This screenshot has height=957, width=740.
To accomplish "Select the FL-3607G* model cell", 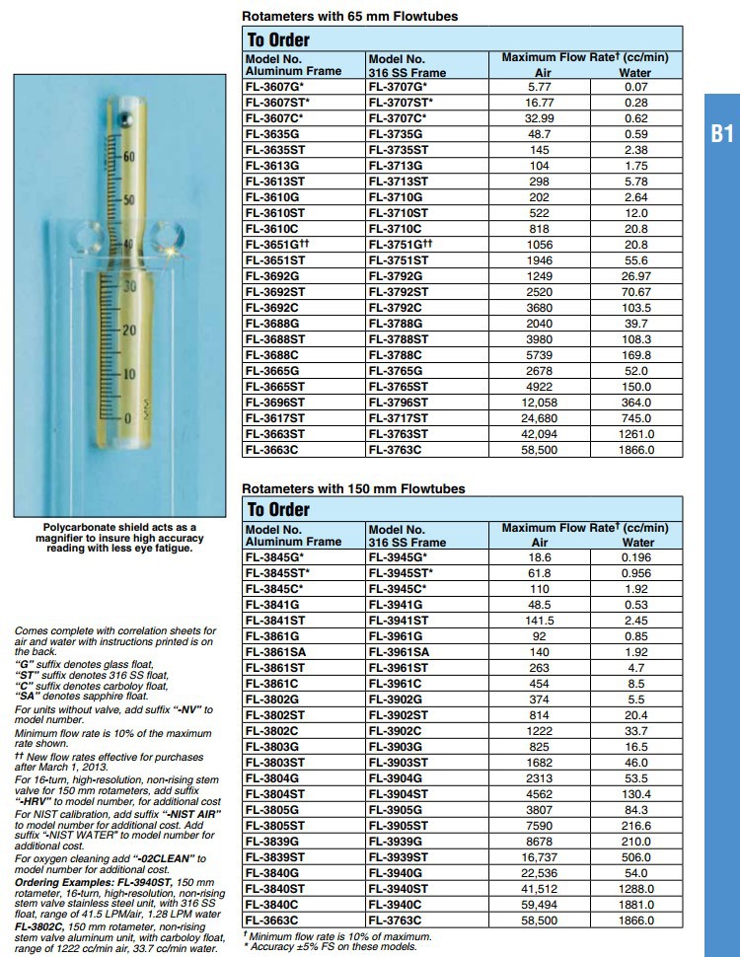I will coord(275,87).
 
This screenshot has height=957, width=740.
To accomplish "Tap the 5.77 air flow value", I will coord(539,87).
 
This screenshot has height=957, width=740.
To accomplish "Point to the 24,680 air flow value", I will coord(539,417).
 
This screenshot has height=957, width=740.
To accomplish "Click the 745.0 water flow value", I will coord(635,417).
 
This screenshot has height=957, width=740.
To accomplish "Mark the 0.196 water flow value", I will coord(637,557).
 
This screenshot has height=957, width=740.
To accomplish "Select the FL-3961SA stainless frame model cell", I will coord(398,651).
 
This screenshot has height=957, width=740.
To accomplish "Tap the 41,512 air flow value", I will coord(540,888).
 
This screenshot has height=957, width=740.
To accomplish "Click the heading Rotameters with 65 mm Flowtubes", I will coord(349,16).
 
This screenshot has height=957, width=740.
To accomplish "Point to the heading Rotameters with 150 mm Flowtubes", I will coord(353,488).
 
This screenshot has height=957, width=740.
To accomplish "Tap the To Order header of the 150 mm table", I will coord(278,509).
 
